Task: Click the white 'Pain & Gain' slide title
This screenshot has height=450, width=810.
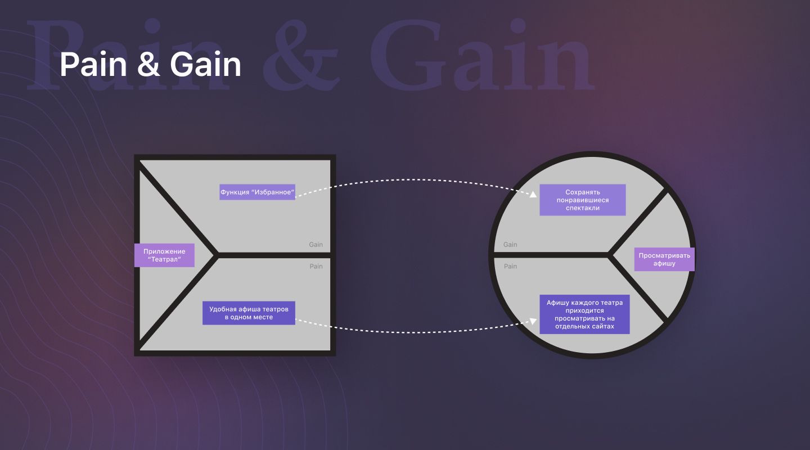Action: [150, 65]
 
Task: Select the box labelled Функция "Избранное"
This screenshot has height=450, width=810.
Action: [257, 192]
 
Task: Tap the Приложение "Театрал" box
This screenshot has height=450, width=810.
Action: [164, 255]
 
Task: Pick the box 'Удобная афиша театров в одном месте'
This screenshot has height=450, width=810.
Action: [249, 313]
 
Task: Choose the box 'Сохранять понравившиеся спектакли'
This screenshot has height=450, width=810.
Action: [583, 200]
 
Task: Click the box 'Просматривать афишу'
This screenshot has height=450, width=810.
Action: [664, 259]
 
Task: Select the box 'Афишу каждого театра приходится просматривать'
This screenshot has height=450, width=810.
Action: [584, 314]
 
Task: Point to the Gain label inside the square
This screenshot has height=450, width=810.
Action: [316, 245]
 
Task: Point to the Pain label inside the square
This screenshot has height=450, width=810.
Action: [316, 266]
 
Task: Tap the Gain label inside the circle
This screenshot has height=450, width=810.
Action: [510, 245]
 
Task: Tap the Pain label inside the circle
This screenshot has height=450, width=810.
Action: [510, 266]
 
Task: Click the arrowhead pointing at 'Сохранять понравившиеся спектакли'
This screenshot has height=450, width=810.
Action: [532, 195]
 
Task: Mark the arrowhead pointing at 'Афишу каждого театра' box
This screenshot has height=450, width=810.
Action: [532, 321]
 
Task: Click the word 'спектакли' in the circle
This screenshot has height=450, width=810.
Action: [583, 208]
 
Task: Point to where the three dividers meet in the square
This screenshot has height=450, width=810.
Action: [217, 255]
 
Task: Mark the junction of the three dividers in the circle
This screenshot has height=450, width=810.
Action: [609, 255]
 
